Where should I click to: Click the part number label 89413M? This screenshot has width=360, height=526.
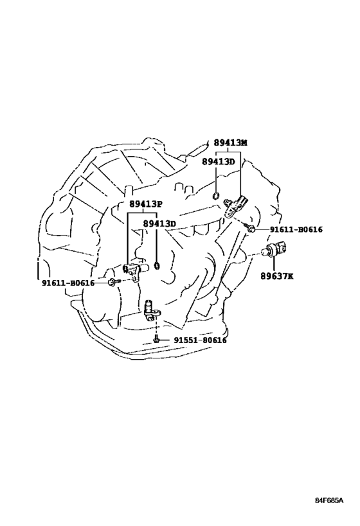point(230,143)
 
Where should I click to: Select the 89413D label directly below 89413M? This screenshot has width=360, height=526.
point(219,161)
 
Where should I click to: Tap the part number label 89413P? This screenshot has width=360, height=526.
point(146,204)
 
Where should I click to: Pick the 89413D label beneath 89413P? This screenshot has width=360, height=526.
point(159,224)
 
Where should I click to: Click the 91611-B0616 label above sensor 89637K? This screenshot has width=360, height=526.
point(296,229)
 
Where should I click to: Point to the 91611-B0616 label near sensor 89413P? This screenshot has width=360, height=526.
point(68,283)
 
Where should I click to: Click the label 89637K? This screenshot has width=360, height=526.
point(277,276)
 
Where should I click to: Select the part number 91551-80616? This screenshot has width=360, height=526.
point(200,340)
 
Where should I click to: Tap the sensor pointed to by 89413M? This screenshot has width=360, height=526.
point(237,206)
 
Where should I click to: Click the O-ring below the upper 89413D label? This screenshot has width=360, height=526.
point(217,195)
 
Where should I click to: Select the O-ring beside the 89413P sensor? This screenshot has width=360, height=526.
point(156,266)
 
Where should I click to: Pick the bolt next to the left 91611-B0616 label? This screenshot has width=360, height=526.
point(113,283)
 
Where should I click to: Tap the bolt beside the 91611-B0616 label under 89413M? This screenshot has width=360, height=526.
point(251,228)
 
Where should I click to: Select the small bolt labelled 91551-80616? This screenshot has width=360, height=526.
point(156,340)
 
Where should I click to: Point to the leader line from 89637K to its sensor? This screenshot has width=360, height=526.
point(273,265)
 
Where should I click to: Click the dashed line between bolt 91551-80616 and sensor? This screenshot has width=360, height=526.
point(156,326)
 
